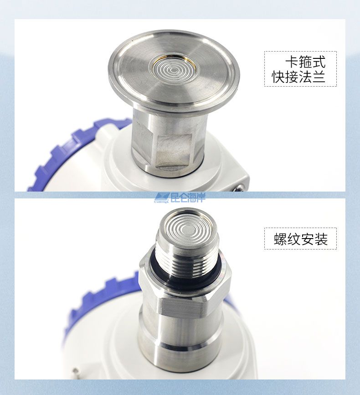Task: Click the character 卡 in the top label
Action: [x=292, y=62]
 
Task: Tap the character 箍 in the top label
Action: [x=305, y=62]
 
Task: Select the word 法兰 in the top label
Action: [x=313, y=77]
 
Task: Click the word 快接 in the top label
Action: [x=285, y=77]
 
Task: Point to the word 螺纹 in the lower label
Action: [x=287, y=239]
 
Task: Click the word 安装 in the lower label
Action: [x=314, y=239]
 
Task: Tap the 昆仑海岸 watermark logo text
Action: [x=188, y=197]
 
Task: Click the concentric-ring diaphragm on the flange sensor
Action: [x=172, y=69]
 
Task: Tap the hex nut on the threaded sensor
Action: [x=185, y=287]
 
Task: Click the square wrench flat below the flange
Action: [x=173, y=151]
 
